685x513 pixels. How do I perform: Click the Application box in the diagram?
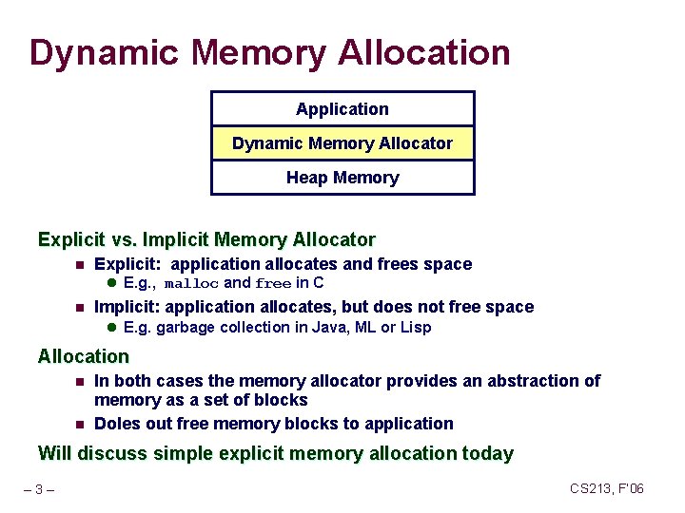tap(342, 109)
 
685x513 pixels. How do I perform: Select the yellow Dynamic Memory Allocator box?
tap(342, 143)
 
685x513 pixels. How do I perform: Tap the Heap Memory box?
tap(342, 178)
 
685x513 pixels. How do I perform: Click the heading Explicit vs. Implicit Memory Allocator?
tap(206, 240)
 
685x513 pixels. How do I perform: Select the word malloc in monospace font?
tap(191, 283)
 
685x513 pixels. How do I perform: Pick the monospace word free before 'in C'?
tap(273, 283)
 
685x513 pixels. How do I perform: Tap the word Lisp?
tap(415, 328)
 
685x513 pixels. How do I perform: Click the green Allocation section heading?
tap(83, 357)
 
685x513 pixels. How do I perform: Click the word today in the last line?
tap(486, 454)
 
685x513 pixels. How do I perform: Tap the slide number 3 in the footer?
tap(39, 489)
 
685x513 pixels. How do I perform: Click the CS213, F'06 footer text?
tap(607, 488)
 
